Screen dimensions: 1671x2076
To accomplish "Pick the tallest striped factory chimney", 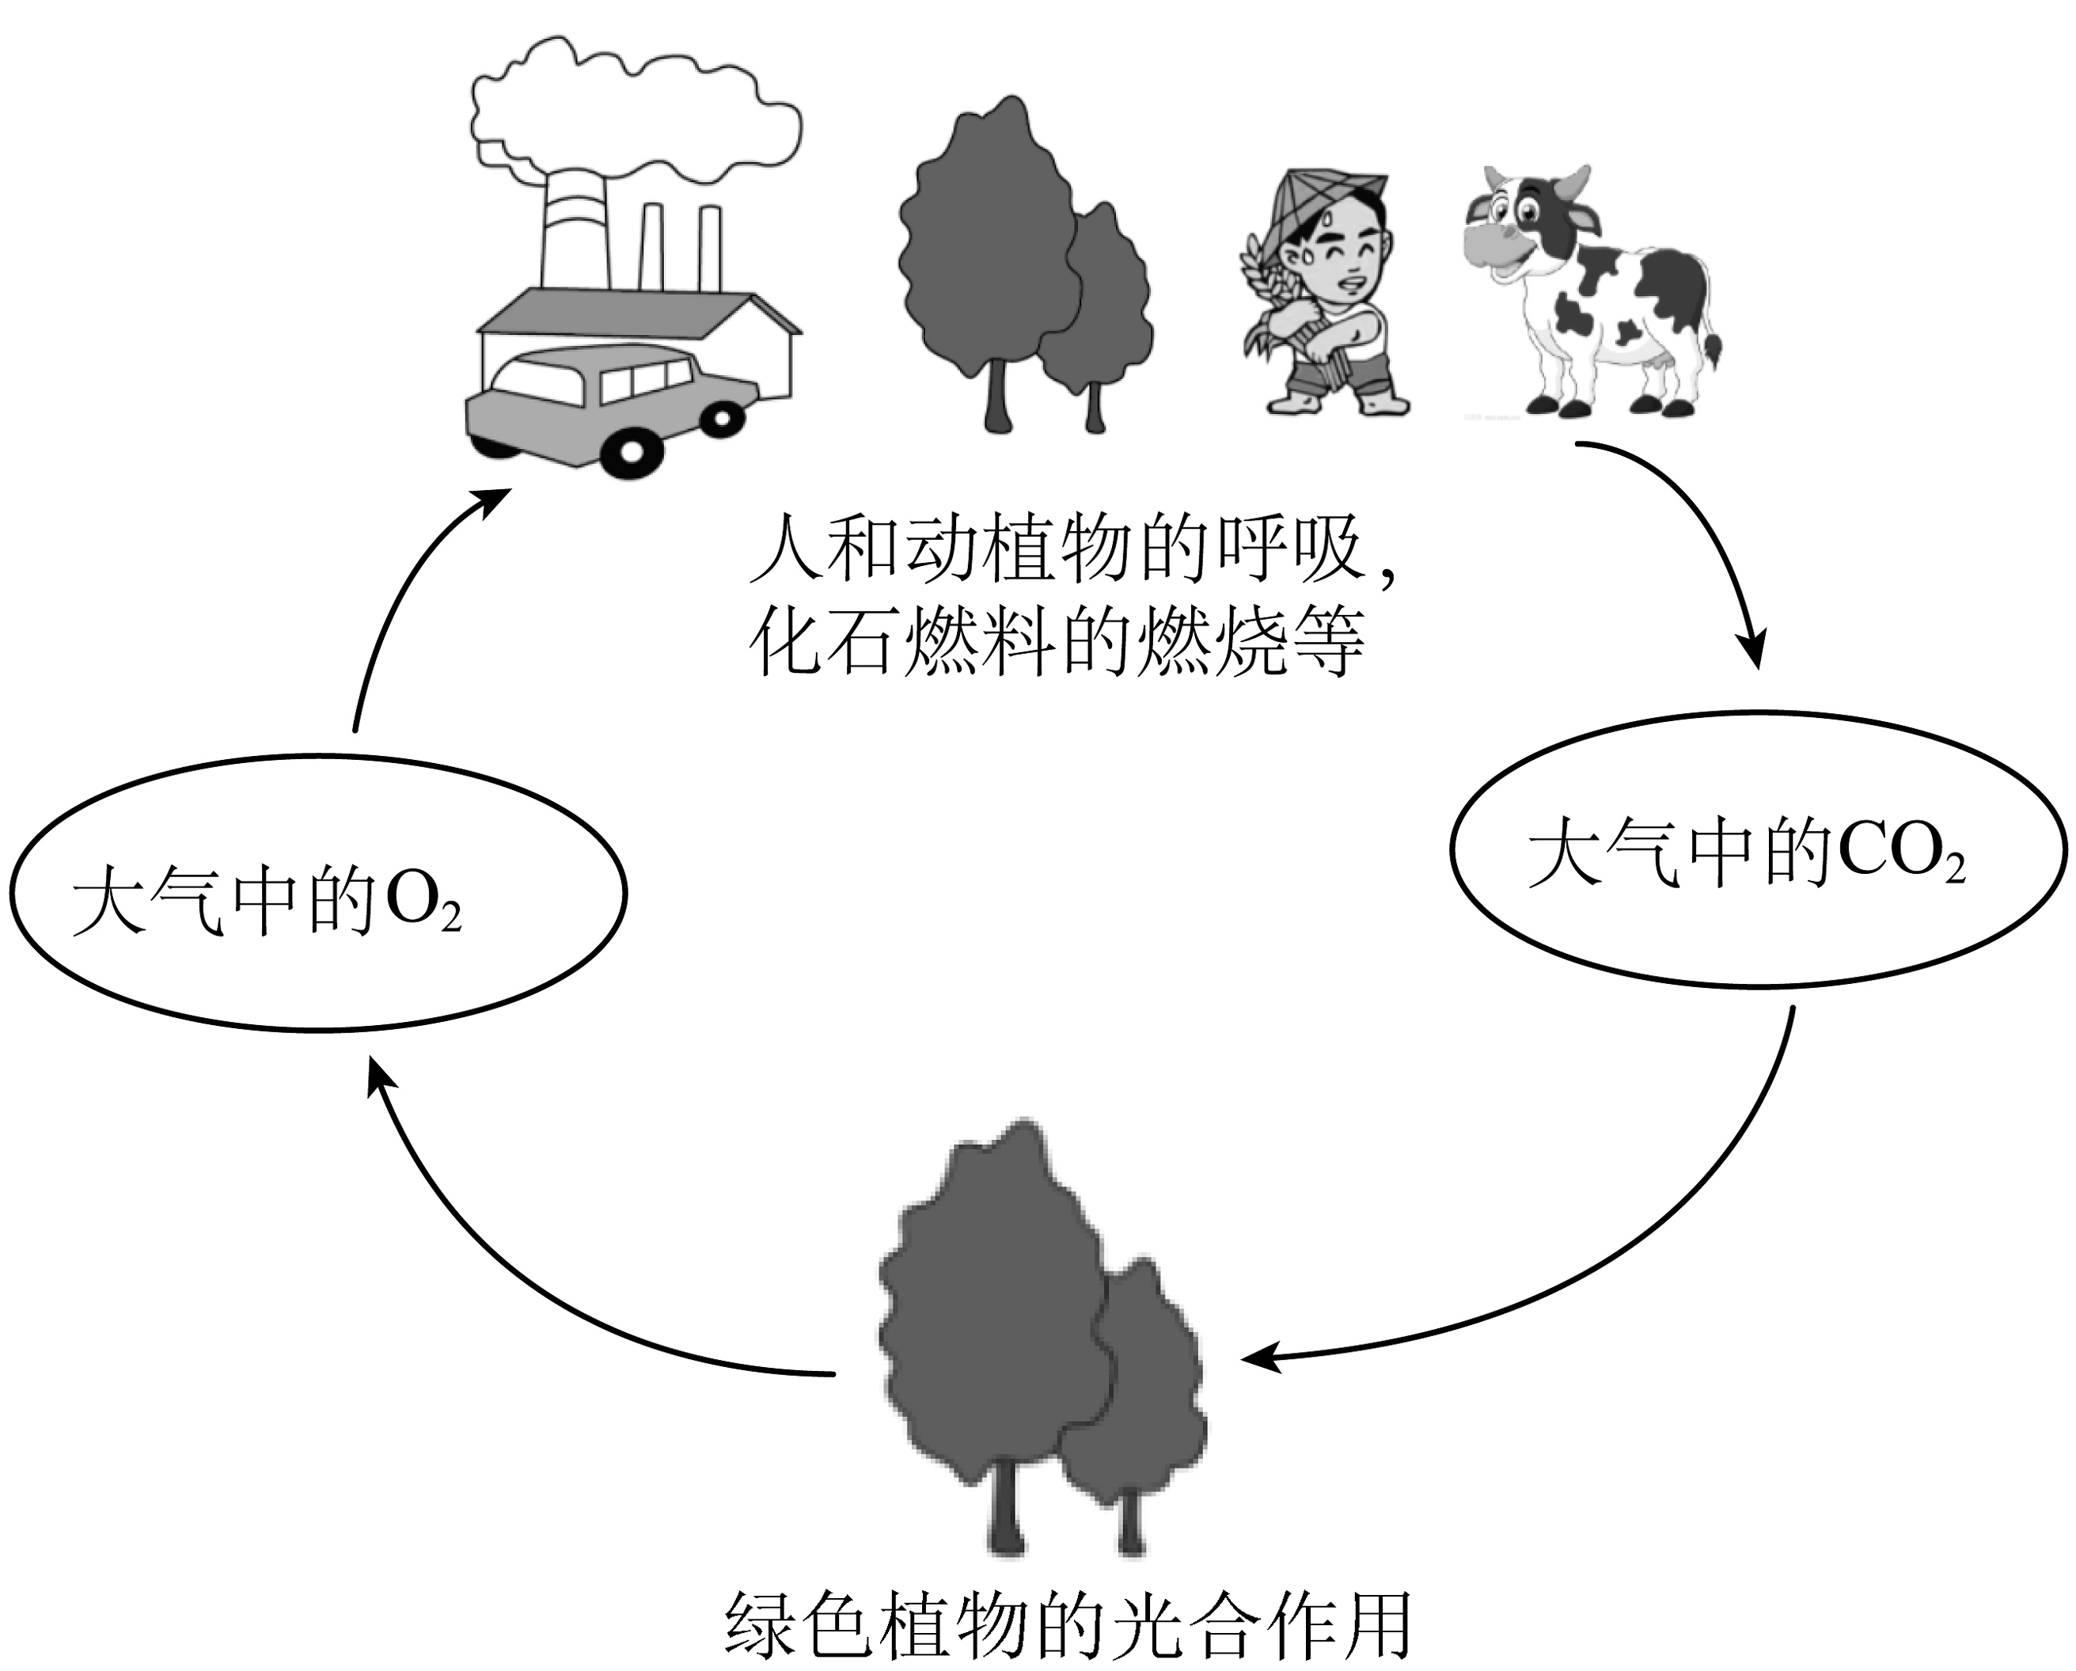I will tap(576, 231).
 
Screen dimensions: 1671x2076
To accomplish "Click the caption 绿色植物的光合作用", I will tap(1067, 1626).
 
